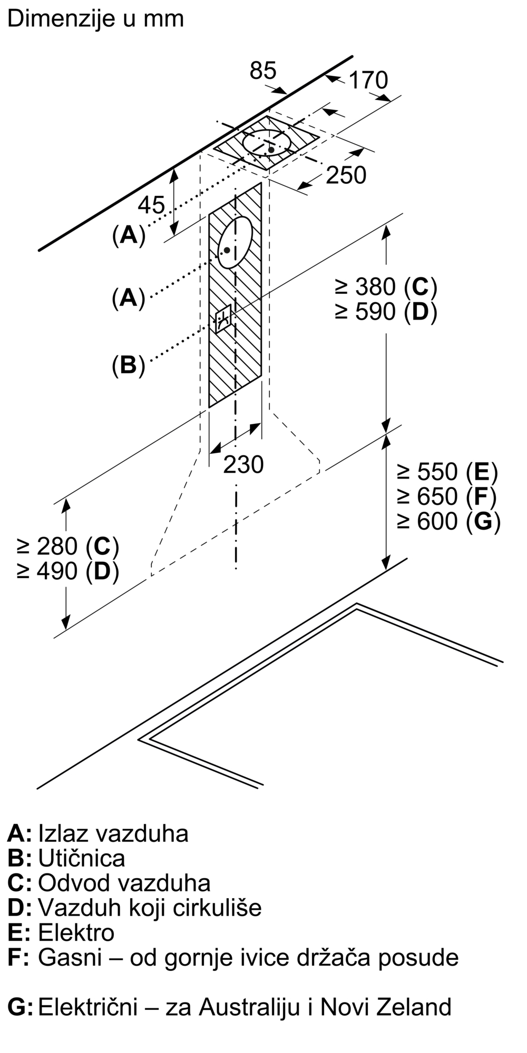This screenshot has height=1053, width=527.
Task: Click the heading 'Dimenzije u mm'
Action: pos(95,19)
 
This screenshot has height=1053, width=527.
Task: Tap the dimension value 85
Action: pos(263,71)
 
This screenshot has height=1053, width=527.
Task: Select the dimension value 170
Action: pos(368,81)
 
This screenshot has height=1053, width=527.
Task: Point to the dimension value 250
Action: pos(346,175)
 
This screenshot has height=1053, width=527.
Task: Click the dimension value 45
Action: pos(152,204)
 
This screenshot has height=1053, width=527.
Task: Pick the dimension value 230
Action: pos(243,464)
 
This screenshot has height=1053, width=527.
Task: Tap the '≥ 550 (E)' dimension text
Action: pos(447,472)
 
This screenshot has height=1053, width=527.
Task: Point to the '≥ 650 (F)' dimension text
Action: pos(447,496)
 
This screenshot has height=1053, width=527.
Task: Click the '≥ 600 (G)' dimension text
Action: pos(448,521)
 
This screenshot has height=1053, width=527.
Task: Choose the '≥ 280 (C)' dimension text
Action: pos(67,547)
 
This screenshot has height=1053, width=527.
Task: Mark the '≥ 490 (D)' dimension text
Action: pos(67,571)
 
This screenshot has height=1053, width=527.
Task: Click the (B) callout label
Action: pos(128,365)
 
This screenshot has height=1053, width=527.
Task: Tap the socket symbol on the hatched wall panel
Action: pos(223,319)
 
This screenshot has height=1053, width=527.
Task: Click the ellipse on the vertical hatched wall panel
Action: pos(235,243)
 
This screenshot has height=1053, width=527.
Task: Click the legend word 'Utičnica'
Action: pos(82,858)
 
